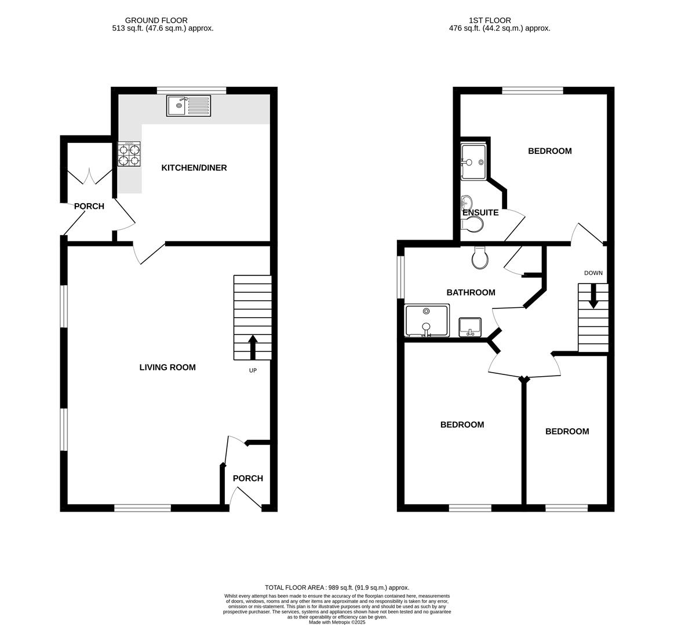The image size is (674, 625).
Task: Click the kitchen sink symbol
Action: [189, 105]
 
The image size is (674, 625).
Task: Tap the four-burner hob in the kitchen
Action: [129, 154]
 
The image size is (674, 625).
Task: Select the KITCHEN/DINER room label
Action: [194, 168]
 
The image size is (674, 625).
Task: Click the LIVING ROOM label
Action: [167, 367]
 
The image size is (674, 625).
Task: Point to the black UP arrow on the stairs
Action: [252, 347]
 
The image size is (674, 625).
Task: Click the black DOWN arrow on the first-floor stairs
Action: [593, 296]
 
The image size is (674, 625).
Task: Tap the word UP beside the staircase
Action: [253, 370]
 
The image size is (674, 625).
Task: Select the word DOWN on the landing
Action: [593, 273]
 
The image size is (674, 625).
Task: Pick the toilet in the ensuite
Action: [471, 224]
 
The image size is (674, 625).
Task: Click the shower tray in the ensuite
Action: [473, 162]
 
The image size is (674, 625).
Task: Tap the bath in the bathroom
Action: [427, 320]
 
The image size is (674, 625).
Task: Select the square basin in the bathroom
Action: [470, 327]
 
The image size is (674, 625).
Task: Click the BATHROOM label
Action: [471, 293]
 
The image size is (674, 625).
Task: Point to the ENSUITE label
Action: [480, 212]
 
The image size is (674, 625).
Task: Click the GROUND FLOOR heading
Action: [156, 20]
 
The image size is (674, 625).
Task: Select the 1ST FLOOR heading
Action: [490, 20]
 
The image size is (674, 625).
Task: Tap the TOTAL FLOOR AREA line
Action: [337, 587]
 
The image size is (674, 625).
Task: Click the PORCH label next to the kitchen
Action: [89, 207]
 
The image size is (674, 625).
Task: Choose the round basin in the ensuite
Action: [467, 201]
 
